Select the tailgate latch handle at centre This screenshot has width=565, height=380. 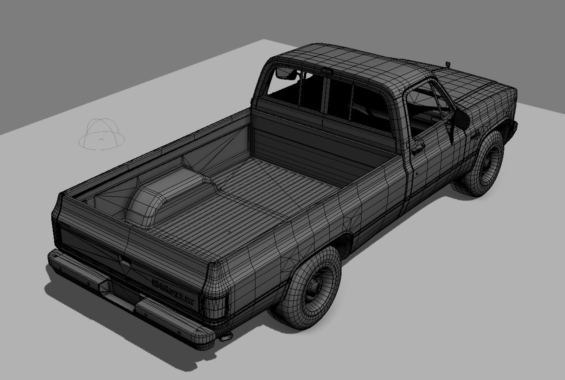click(124, 264)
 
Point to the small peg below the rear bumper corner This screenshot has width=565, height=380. click(225, 338)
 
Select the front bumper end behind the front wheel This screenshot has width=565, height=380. click(514, 125)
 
